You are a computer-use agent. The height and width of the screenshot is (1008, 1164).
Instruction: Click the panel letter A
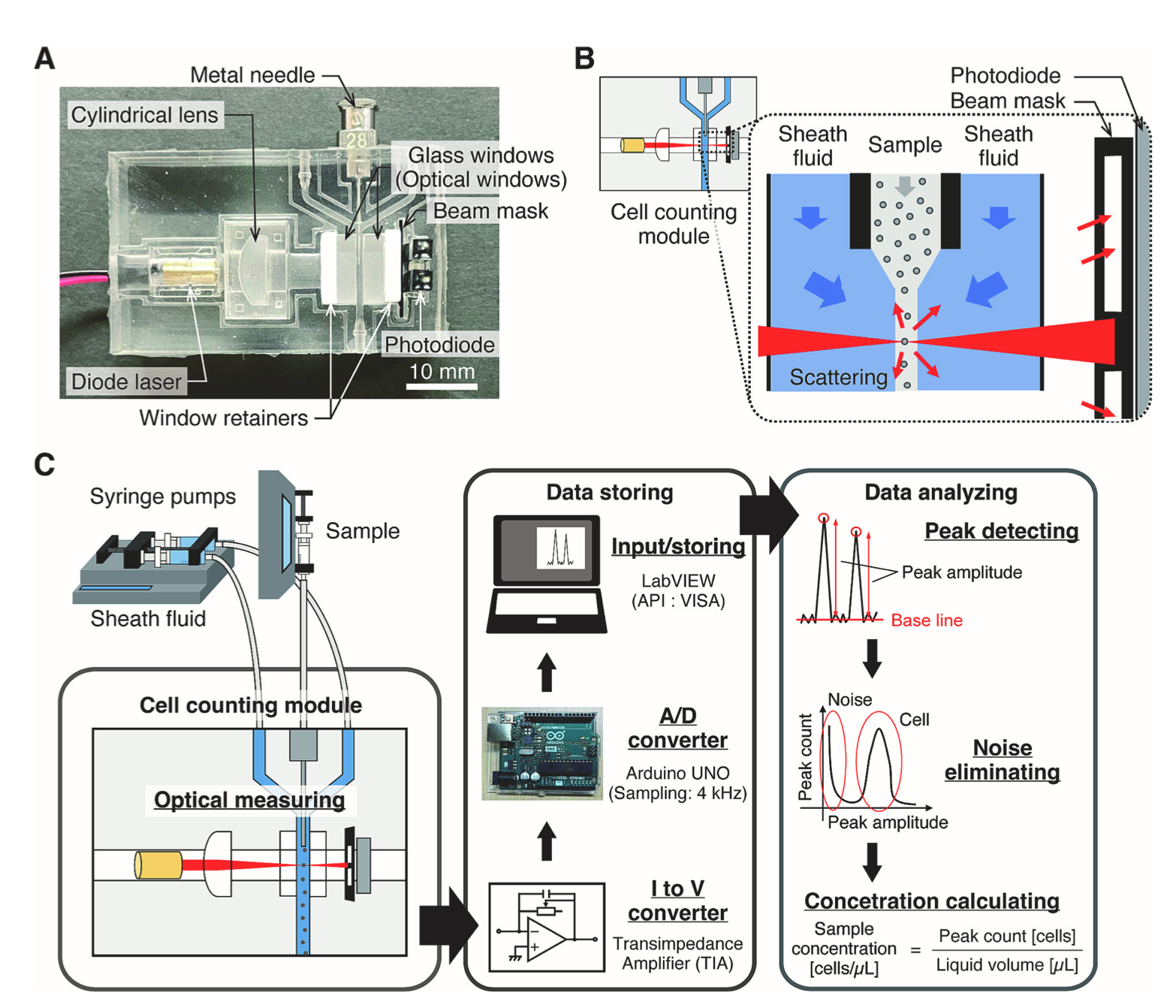point(44,59)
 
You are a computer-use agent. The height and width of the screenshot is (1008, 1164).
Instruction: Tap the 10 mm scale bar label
point(442,372)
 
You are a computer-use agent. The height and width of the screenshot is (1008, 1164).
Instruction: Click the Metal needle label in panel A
point(252,75)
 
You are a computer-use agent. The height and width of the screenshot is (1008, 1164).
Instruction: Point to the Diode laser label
point(126,382)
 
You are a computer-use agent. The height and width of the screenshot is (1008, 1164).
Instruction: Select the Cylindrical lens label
point(144,115)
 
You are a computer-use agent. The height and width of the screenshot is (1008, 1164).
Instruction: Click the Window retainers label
point(223,418)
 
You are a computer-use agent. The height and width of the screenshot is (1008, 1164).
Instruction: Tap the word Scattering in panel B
point(838,377)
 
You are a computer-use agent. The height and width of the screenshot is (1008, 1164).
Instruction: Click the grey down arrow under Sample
point(905,186)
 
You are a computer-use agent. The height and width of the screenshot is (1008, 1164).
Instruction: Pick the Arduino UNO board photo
point(542,753)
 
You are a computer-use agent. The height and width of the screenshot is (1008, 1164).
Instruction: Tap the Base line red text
point(927,620)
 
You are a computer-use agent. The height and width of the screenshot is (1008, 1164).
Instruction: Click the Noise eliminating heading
point(1002,759)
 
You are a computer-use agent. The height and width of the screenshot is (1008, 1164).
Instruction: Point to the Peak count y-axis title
point(806,757)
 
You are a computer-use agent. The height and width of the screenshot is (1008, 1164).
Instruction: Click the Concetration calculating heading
point(931,901)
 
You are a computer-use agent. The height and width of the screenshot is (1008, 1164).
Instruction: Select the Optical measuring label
point(249,800)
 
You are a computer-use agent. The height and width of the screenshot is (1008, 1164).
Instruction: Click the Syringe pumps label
point(162,496)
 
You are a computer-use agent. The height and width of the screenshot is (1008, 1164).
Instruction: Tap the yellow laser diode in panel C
point(158,865)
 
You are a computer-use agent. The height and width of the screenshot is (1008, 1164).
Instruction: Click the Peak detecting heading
point(1001,531)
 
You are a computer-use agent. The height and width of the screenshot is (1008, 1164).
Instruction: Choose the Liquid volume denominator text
point(1006,965)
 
